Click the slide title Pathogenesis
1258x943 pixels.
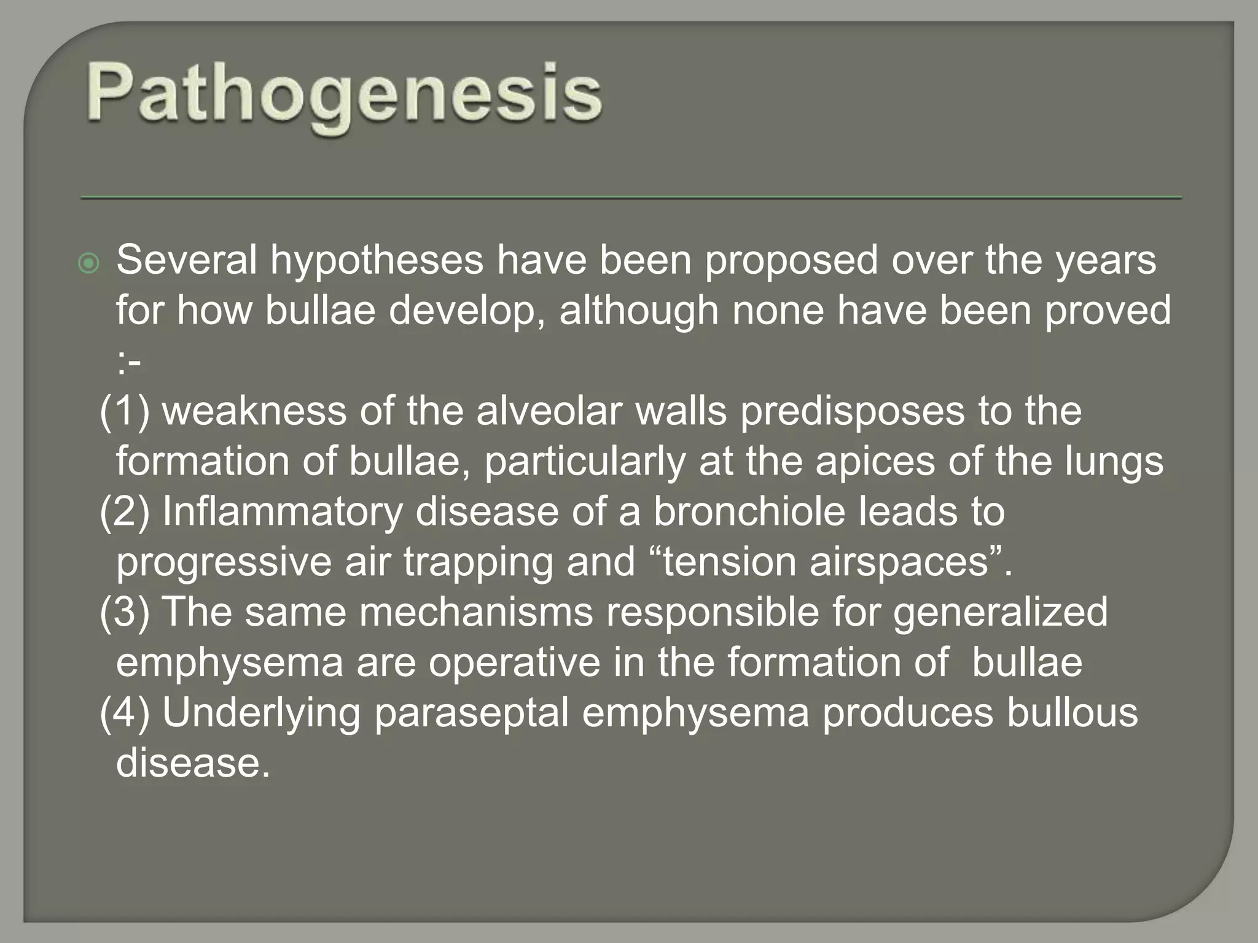pos(344,95)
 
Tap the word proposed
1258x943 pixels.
pos(791,260)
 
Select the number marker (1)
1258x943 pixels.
pos(125,411)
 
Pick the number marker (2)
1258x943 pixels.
pos(125,512)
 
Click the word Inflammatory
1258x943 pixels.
pos(283,512)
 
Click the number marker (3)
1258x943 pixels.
pos(125,613)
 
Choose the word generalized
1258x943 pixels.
pos(1000,613)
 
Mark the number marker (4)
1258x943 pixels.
pos(125,713)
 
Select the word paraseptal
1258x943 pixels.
pos(472,713)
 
